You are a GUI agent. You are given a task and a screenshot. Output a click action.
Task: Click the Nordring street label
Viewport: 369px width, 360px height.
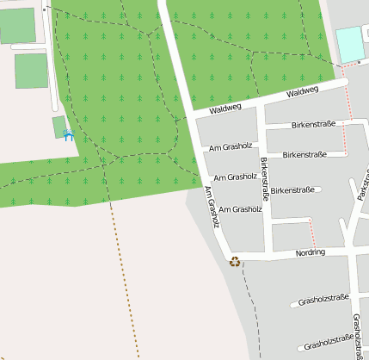coord(311,253)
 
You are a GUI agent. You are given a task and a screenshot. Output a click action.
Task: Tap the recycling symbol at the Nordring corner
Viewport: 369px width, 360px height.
coord(236,261)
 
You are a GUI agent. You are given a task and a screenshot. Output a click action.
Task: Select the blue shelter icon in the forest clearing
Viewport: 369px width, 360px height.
coord(68,135)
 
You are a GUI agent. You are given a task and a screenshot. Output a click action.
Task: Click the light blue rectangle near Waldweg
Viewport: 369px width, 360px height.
coord(350,44)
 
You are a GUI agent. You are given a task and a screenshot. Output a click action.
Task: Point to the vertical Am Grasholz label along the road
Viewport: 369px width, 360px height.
coord(212,208)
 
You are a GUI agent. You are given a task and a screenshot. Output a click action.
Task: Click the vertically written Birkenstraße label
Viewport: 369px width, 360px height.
coord(265,178)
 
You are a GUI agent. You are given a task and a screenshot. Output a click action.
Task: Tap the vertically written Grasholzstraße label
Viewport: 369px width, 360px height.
coord(356,337)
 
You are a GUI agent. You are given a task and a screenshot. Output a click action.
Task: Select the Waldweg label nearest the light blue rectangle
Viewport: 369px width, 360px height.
coord(302,91)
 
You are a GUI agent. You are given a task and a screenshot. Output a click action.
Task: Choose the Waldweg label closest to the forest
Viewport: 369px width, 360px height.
coord(224,107)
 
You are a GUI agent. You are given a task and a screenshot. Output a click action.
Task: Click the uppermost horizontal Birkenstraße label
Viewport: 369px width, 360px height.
coord(313,125)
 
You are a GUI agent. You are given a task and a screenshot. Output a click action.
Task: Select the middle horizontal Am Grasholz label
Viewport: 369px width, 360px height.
coord(236,177)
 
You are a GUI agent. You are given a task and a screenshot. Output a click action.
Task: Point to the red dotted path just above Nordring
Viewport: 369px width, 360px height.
coord(312,234)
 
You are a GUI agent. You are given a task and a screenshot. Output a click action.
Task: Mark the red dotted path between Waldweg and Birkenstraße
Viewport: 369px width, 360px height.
coord(349,104)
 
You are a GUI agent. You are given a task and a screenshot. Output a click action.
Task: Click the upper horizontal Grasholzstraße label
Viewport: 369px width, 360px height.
coord(323,300)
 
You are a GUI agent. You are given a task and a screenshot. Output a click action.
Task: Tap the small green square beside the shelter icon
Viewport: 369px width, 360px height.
coord(58,127)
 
